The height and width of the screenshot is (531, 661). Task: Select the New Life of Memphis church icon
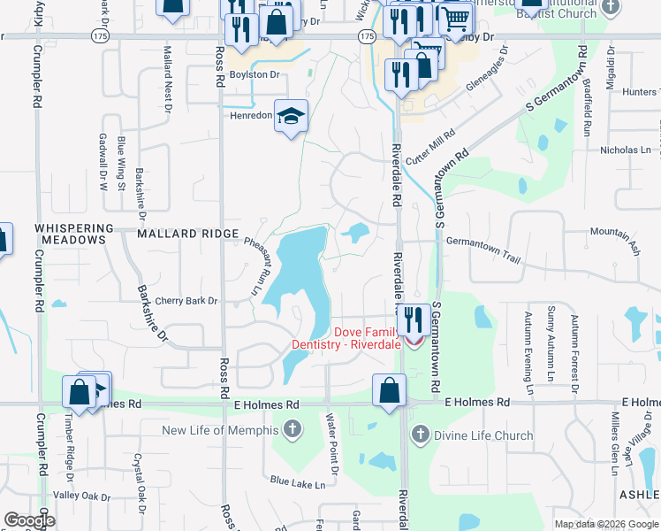(x=293, y=431)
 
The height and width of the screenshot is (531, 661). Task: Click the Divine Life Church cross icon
(x=420, y=435)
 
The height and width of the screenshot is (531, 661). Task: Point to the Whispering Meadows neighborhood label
(x=74, y=235)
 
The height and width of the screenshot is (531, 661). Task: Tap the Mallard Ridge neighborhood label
(x=187, y=234)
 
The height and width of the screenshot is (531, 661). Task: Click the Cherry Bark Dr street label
(x=186, y=301)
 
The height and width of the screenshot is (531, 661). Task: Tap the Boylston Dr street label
(x=254, y=75)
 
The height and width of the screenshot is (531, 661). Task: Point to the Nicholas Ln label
(x=625, y=150)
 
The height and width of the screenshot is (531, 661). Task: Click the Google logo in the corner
(x=29, y=520)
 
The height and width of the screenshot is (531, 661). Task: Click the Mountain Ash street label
(x=614, y=235)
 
